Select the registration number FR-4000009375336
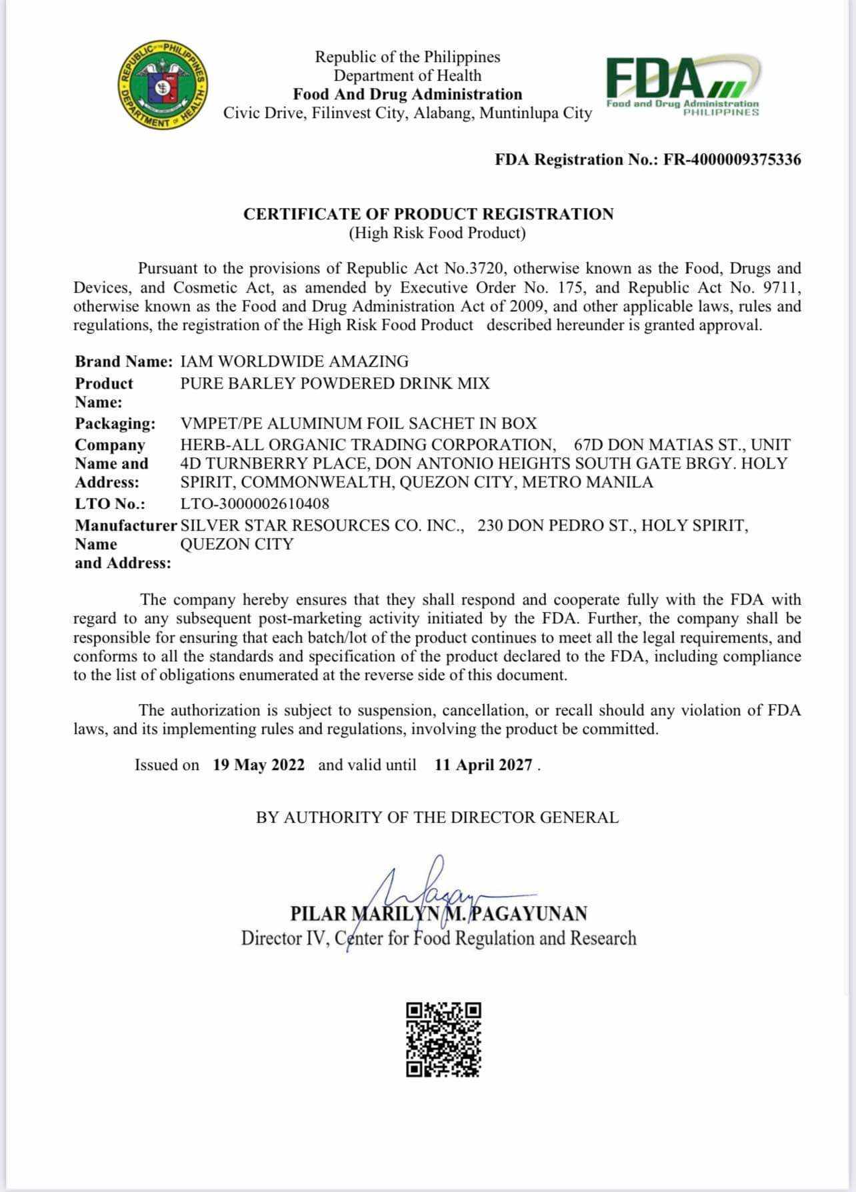pos(732,159)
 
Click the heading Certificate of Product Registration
pos(428,214)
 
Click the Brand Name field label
pos(124,361)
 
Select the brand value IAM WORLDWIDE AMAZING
pos(295,361)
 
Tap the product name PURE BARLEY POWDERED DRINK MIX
pos(335,383)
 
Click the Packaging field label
pos(115,423)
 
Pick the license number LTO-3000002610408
pos(255,503)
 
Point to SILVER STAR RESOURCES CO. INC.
pos(322,525)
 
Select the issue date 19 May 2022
pos(259,765)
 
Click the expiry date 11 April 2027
pos(483,765)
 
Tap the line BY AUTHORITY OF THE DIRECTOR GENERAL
pos(437,817)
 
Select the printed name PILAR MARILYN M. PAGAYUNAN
pos(439,913)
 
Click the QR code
pos(443,1039)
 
